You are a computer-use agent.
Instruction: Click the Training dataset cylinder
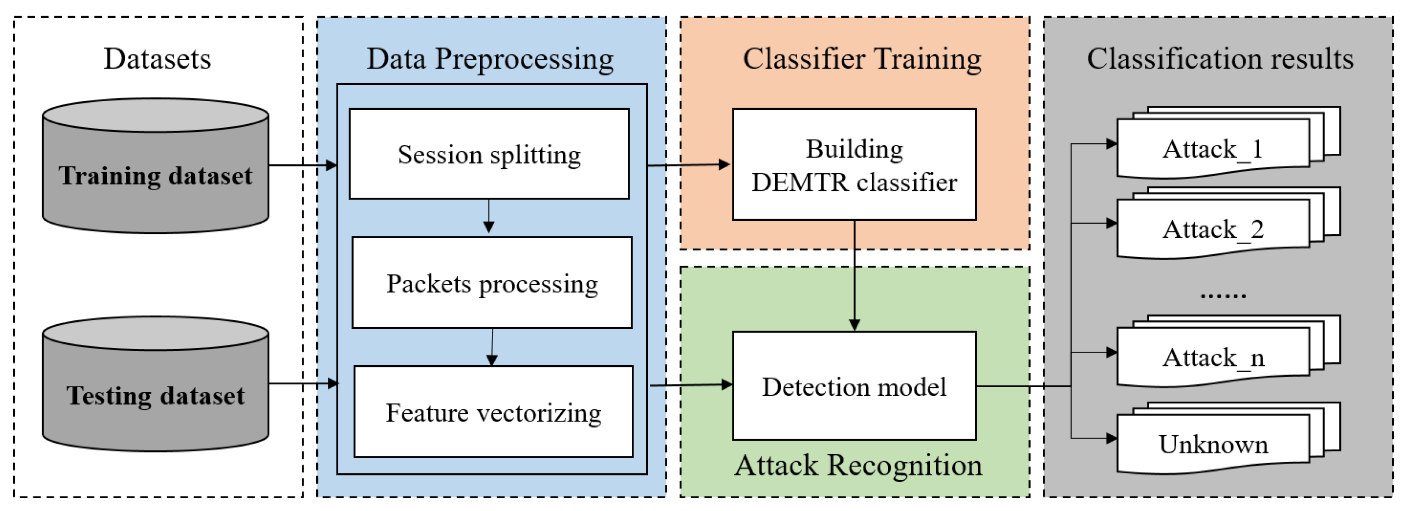(156, 166)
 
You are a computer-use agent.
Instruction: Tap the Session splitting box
(489, 153)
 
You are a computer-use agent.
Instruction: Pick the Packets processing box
(492, 283)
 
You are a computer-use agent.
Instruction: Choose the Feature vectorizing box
(494, 411)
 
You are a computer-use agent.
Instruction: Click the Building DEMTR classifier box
(854, 164)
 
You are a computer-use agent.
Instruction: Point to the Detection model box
(854, 386)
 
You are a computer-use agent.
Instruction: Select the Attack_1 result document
(1228, 143)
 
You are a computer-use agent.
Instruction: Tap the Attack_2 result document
(1228, 223)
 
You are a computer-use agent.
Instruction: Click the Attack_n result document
(1228, 351)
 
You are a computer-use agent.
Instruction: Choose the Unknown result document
(1228, 438)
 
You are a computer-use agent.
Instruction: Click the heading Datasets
(158, 58)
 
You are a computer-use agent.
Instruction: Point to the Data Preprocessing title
(490, 59)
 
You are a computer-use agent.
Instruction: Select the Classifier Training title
(862, 59)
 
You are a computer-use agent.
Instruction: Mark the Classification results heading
(1220, 58)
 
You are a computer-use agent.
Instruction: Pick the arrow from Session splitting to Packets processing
(489, 217)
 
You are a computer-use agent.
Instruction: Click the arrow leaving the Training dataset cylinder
(303, 165)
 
